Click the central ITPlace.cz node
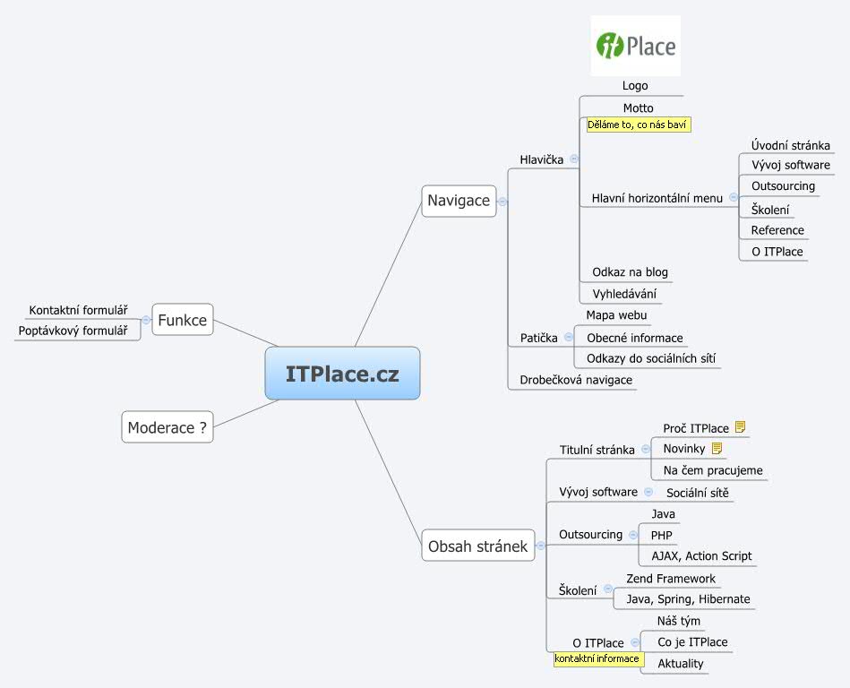pyautogui.click(x=342, y=374)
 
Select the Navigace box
pyautogui.click(x=459, y=201)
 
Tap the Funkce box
pyautogui.click(x=183, y=320)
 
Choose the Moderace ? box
pyautogui.click(x=167, y=427)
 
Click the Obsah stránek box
pyautogui.click(x=477, y=546)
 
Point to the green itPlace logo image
pyautogui.click(x=636, y=47)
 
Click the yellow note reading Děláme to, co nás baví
pyautogui.click(x=638, y=125)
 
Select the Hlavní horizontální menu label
pyautogui.click(x=657, y=198)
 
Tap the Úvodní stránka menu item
pyautogui.click(x=790, y=145)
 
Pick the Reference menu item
pyautogui.click(x=777, y=230)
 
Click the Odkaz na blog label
pyautogui.click(x=630, y=272)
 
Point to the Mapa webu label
pyautogui.click(x=616, y=315)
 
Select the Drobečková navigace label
pyautogui.click(x=576, y=380)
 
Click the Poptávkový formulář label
pyautogui.click(x=73, y=331)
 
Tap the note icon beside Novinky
pyautogui.click(x=717, y=449)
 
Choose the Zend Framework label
pyautogui.click(x=671, y=579)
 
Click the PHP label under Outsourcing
pyautogui.click(x=662, y=536)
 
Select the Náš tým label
pyautogui.click(x=679, y=621)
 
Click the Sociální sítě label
pyautogui.click(x=697, y=493)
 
